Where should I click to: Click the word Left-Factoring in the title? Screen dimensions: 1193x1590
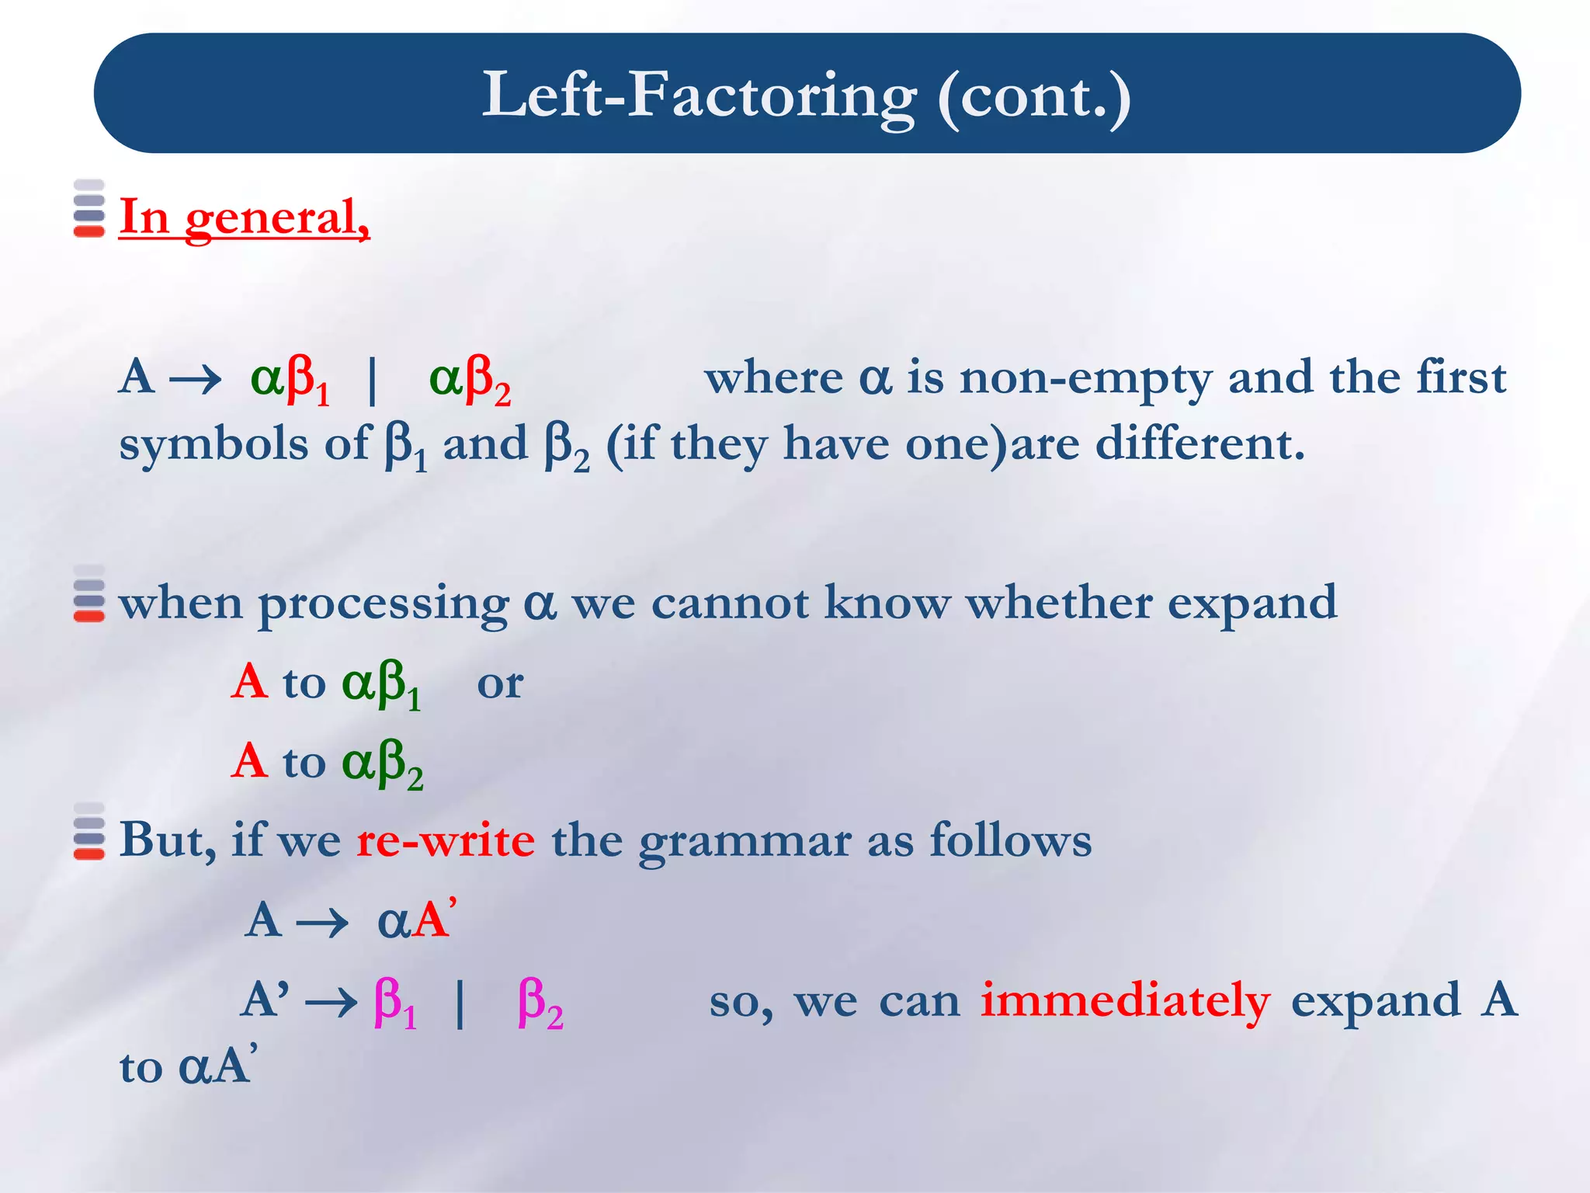click(x=699, y=95)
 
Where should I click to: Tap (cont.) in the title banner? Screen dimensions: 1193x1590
click(x=1033, y=96)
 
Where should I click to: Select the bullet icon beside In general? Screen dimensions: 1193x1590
click(x=89, y=208)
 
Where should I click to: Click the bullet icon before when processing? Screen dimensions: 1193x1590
click(x=89, y=594)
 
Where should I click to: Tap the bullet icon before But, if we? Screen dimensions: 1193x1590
click(x=89, y=831)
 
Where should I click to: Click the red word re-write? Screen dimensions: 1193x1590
click(x=446, y=840)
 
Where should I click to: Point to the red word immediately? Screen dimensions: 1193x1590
click(x=1125, y=1000)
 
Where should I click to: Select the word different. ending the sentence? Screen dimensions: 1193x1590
click(x=1199, y=444)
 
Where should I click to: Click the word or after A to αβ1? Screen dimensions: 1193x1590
click(x=499, y=684)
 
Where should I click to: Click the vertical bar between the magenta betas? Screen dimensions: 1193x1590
click(x=460, y=1002)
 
